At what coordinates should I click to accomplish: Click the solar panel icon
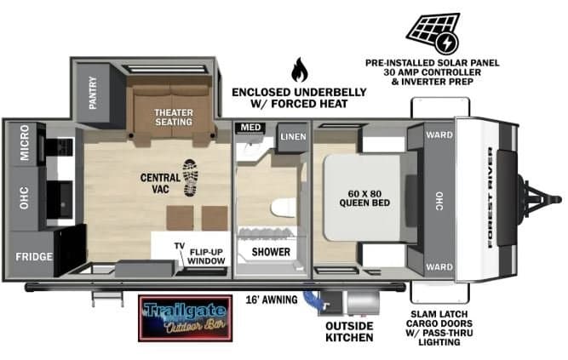(x=433, y=33)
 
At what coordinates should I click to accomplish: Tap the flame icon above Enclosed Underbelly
(x=300, y=70)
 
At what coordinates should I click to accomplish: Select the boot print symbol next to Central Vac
(x=191, y=178)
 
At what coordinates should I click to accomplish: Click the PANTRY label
(x=93, y=93)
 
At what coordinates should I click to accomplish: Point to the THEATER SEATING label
(x=174, y=117)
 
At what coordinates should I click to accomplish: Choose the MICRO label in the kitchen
(x=25, y=142)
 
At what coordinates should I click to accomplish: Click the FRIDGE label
(x=34, y=257)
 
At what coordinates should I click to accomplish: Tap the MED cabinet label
(x=250, y=128)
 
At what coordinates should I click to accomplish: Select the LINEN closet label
(x=293, y=136)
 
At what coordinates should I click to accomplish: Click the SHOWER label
(x=271, y=252)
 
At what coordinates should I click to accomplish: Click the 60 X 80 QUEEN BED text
(x=364, y=198)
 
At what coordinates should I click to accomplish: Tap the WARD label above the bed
(x=439, y=135)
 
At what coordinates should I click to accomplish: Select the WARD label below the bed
(x=439, y=267)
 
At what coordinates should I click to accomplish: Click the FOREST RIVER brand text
(x=491, y=197)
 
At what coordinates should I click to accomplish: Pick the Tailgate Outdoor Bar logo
(x=185, y=318)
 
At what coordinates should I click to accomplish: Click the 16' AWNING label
(x=272, y=300)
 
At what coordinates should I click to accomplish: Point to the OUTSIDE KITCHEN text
(x=349, y=332)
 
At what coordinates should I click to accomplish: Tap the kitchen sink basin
(x=60, y=199)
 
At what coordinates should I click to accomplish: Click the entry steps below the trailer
(x=107, y=298)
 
